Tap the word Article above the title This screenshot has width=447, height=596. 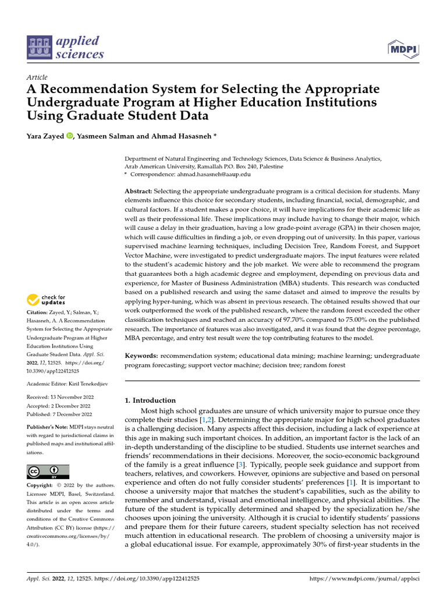coord(37,77)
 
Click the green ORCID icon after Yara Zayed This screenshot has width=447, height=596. coord(70,136)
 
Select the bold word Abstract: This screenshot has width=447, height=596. coord(140,191)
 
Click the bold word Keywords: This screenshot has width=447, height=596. coord(142,355)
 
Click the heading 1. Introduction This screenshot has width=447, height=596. coord(151,400)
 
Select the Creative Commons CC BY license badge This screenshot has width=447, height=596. coord(48,471)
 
